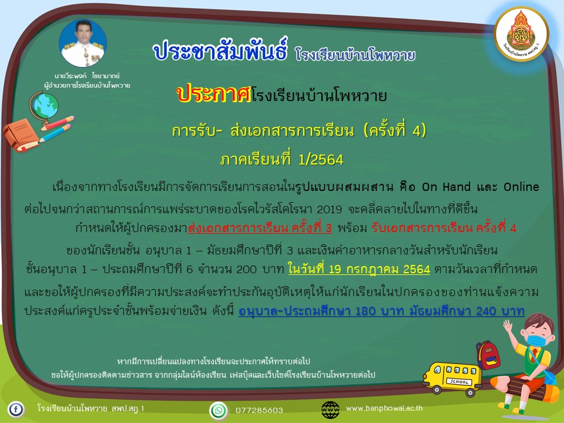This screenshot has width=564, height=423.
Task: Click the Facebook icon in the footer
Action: click(x=16, y=409)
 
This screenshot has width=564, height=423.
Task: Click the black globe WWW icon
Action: click(x=330, y=410)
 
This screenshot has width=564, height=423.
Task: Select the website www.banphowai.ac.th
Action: click(x=384, y=408)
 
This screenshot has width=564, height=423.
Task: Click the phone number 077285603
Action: click(x=259, y=411)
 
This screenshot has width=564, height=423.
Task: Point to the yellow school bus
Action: click(x=452, y=379)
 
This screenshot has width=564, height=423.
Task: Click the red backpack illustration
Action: click(x=488, y=355)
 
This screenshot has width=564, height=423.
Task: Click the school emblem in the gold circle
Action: click(x=521, y=35)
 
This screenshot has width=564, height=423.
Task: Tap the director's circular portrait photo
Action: click(x=83, y=43)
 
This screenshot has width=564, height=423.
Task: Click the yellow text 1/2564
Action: click(x=321, y=159)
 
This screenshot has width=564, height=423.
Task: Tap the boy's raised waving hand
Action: click(x=508, y=326)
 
